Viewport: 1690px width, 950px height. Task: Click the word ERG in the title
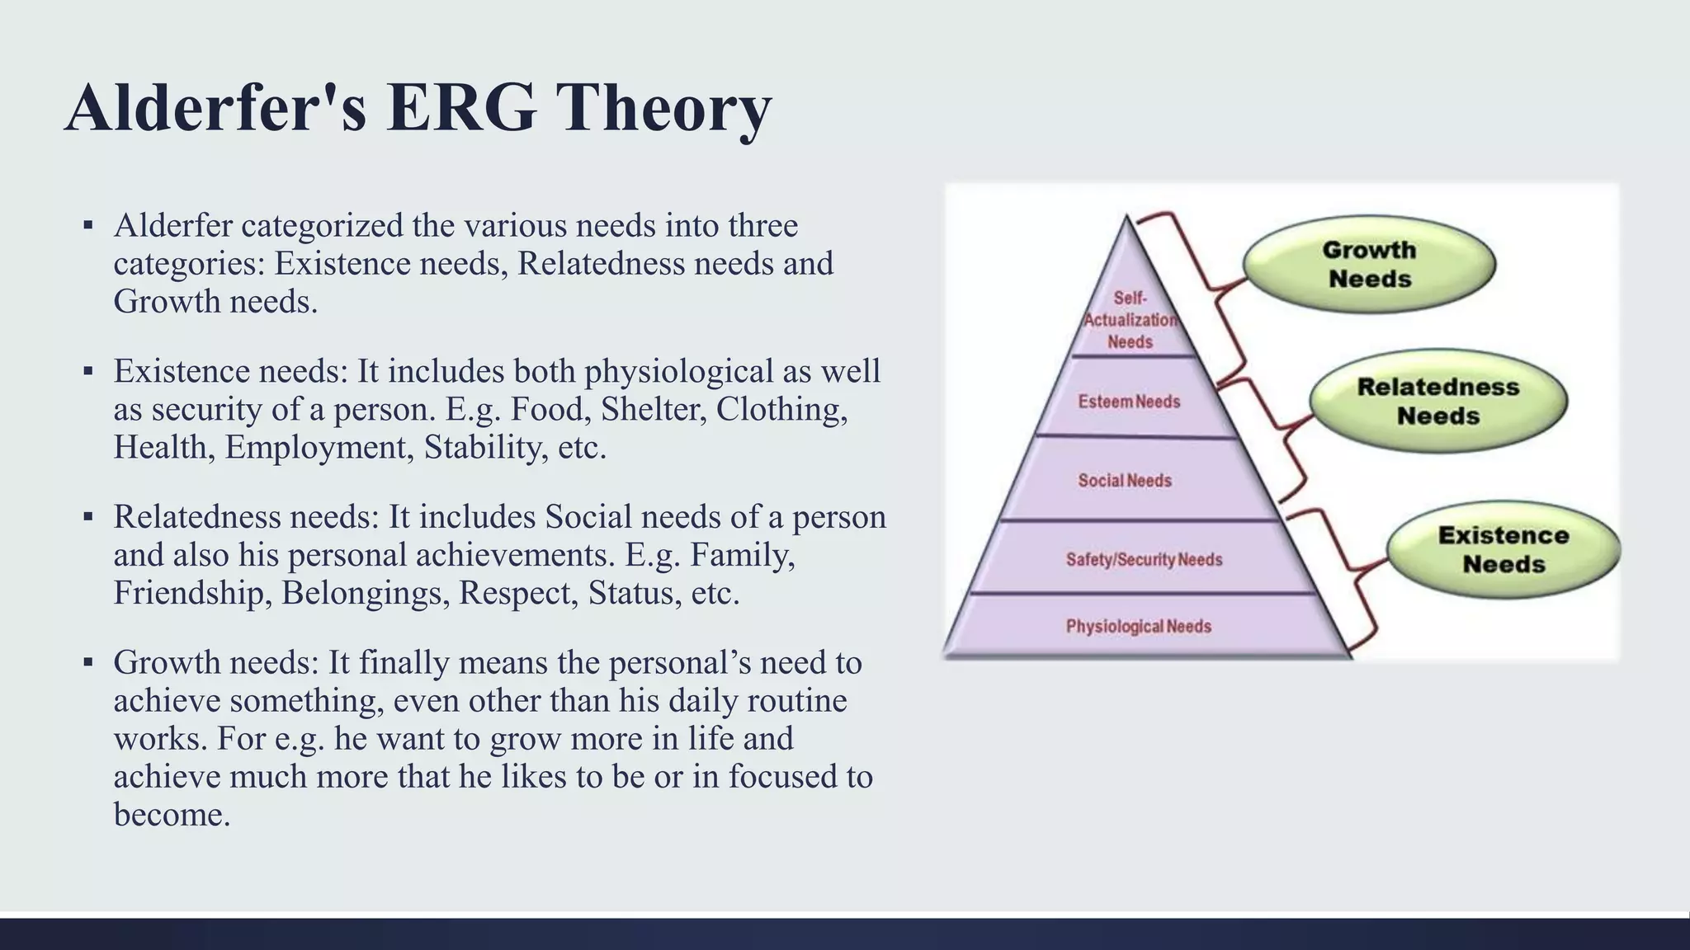tap(460, 109)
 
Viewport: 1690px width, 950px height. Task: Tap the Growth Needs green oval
tap(1369, 264)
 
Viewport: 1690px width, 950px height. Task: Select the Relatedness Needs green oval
tap(1437, 402)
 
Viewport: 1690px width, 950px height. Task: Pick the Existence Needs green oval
tap(1503, 549)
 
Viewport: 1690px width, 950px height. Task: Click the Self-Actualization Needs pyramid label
tap(1130, 320)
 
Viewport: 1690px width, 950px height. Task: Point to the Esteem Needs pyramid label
tap(1129, 402)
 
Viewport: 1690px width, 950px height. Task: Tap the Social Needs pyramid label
tap(1125, 481)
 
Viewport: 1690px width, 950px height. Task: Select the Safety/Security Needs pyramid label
tap(1144, 560)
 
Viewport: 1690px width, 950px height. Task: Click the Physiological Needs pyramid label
tap(1138, 627)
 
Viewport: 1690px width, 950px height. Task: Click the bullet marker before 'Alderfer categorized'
tap(88, 225)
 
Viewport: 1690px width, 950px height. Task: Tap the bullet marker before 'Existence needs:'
tap(88, 371)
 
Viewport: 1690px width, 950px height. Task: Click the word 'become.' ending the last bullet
tap(172, 815)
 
